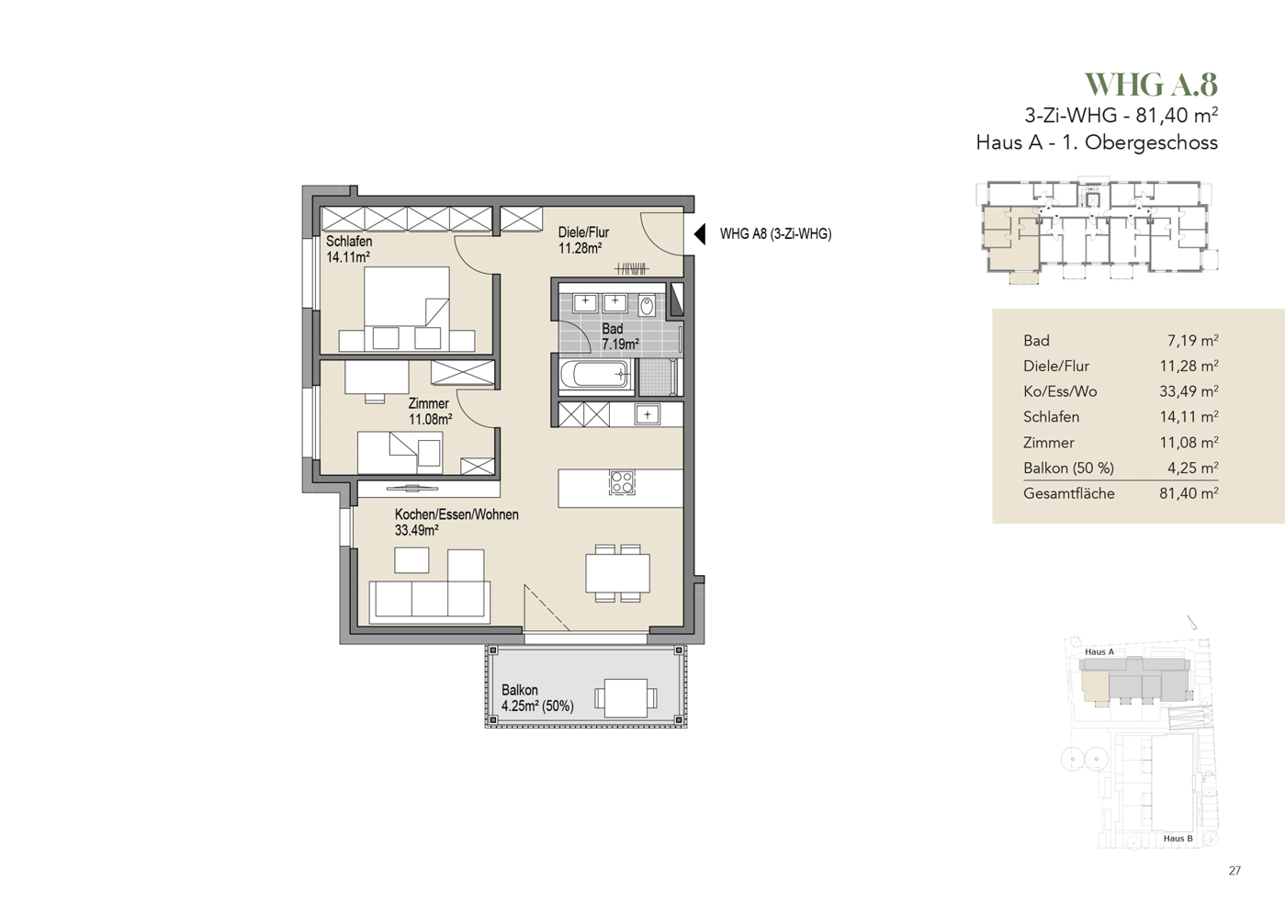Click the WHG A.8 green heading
click(1151, 85)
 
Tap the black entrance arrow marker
click(699, 234)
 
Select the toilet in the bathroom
click(647, 305)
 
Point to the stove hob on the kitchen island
click(621, 482)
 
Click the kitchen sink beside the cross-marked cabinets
click(647, 414)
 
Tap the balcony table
click(626, 698)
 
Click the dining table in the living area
click(618, 573)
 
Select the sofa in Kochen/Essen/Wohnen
click(430, 600)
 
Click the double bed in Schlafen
click(406, 309)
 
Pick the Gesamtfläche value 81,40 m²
click(1189, 493)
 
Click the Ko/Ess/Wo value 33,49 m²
click(1189, 391)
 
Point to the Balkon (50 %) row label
click(1068, 469)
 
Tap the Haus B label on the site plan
click(1178, 838)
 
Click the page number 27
click(1234, 871)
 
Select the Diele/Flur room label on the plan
click(583, 232)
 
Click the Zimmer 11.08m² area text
click(430, 419)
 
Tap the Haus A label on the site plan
click(1099, 651)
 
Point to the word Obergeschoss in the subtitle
click(1151, 142)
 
